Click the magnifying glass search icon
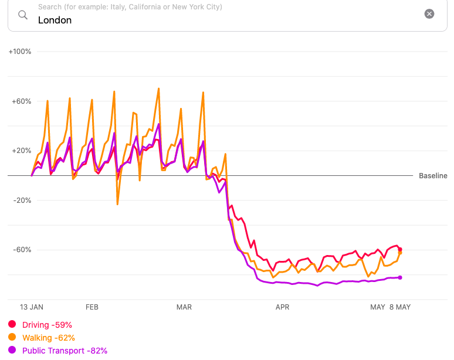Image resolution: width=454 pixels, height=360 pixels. pos(23,15)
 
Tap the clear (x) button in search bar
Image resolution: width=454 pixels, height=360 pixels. pos(429,14)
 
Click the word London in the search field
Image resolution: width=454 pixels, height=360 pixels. pos(55,20)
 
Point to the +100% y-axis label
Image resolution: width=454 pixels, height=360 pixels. pos(20,52)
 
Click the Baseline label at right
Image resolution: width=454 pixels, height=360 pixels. pos(433,176)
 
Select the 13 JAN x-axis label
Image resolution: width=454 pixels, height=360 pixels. pos(32,307)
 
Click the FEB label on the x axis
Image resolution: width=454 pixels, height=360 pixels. pos(92,307)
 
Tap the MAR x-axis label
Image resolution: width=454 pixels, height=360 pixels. pos(184,307)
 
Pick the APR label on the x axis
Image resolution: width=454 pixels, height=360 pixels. pos(282,307)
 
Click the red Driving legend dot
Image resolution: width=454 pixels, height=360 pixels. pos(12,325)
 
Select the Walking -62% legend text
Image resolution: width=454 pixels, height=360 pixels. pos(48,338)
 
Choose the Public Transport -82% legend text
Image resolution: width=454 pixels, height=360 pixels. pos(65,351)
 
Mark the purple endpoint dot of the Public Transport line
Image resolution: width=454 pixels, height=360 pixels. pos(400,277)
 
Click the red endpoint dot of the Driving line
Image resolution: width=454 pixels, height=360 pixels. pos(400,249)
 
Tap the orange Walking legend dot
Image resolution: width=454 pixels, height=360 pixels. pos(12,338)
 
